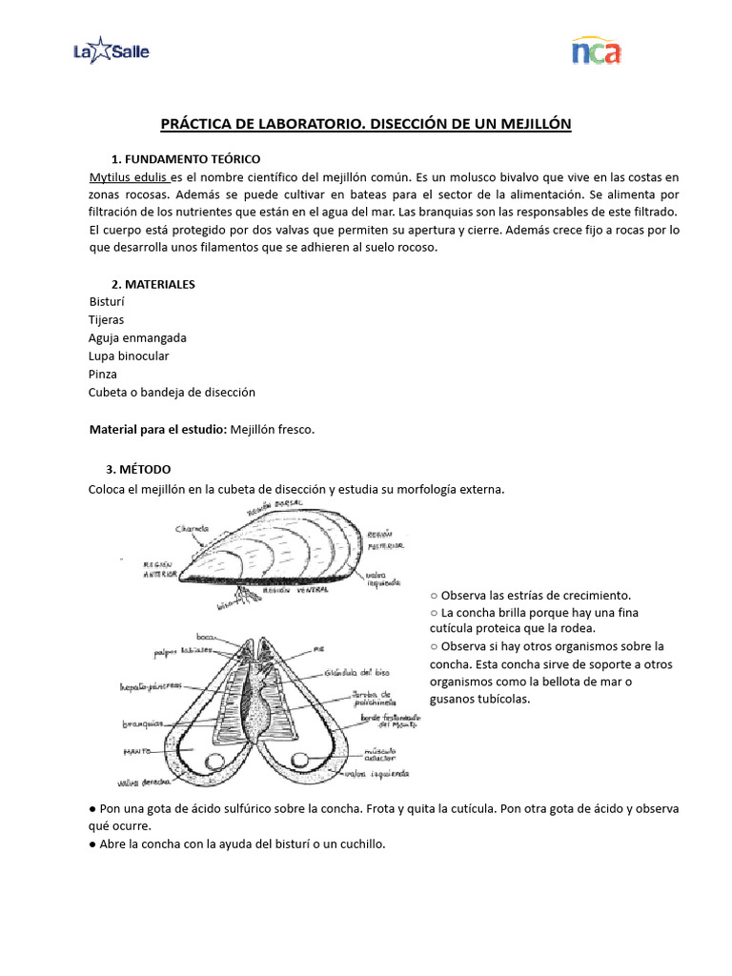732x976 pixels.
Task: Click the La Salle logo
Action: pos(111,51)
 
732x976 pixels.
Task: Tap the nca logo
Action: pos(596,51)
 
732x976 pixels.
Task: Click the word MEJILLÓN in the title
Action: pos(529,125)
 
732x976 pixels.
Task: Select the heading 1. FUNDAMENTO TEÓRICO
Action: pos(185,158)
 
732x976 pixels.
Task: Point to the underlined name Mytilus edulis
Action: pos(129,177)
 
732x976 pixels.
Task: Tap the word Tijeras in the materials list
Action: pos(106,320)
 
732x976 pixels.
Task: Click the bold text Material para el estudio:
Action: pos(157,430)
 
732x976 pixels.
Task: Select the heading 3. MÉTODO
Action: pos(138,469)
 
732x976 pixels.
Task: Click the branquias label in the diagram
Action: pos(143,723)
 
